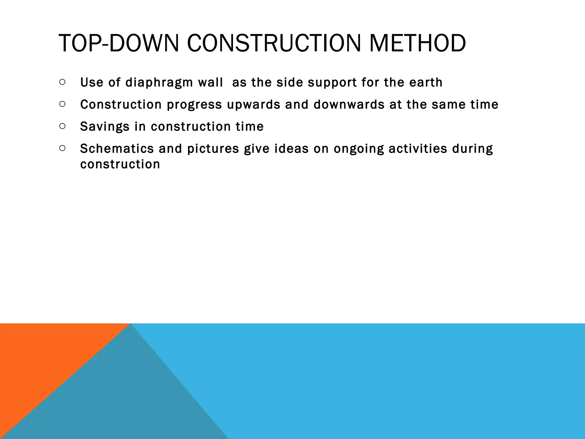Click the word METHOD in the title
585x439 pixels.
tap(417, 43)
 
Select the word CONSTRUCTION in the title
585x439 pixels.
tap(274, 43)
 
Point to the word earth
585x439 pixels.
tap(426, 83)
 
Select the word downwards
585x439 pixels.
tap(349, 105)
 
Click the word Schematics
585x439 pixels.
tap(117, 149)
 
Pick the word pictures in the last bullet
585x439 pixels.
tap(213, 149)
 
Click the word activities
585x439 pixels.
tap(418, 149)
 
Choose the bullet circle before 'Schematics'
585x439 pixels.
tap(63, 148)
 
